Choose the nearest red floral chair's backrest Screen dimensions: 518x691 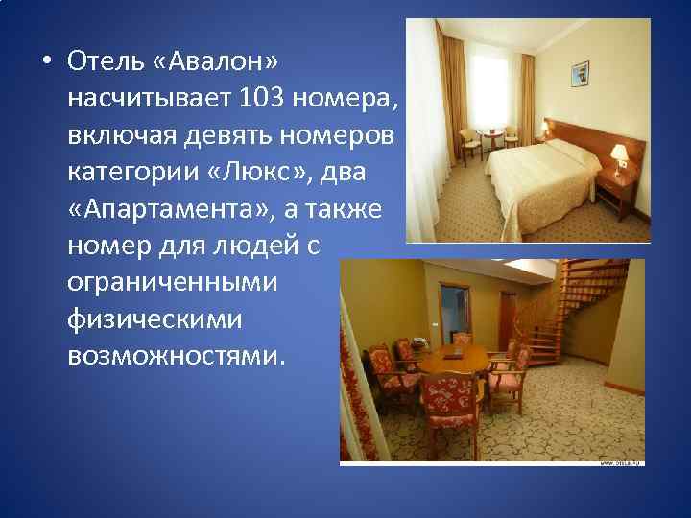(448, 393)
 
